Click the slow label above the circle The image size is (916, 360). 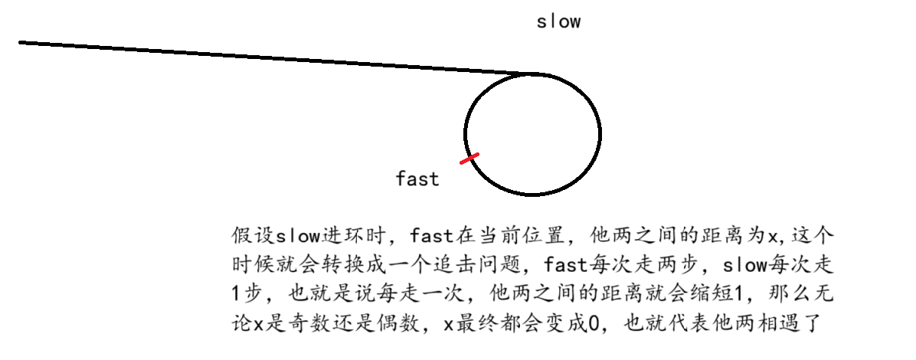(x=558, y=21)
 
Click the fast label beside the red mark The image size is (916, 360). (x=417, y=179)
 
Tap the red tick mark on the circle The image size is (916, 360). (x=469, y=159)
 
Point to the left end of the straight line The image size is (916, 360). (x=21, y=42)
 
